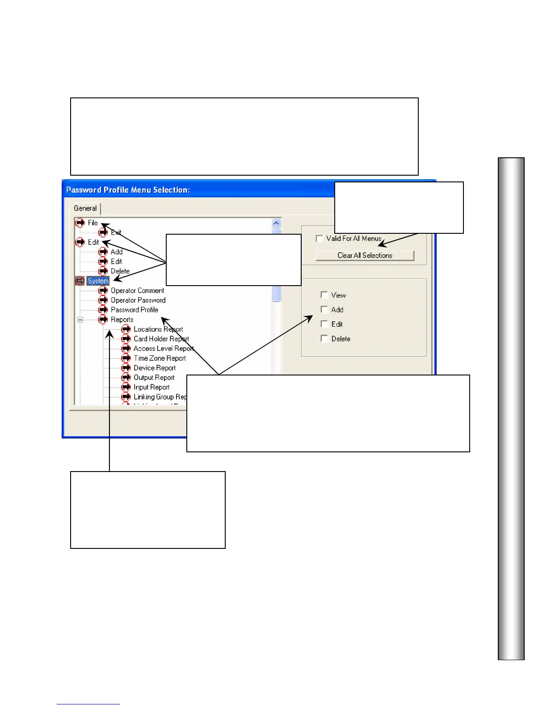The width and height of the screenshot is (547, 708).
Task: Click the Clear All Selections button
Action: click(x=365, y=255)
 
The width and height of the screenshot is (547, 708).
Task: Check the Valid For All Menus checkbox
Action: click(x=320, y=239)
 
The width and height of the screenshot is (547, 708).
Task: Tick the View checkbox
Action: click(x=324, y=295)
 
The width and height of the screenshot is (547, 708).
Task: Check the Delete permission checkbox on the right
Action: click(x=324, y=338)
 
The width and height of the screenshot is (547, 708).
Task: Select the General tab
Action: click(x=85, y=208)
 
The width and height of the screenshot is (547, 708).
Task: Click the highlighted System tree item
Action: click(x=98, y=281)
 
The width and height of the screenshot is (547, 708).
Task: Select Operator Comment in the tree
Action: click(x=137, y=291)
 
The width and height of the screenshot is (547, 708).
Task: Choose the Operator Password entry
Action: click(x=138, y=300)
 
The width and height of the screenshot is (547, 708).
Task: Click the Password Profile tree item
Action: click(x=134, y=310)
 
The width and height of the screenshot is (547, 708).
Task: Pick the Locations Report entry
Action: click(x=158, y=329)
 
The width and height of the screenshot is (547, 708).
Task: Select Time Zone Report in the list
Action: click(x=160, y=358)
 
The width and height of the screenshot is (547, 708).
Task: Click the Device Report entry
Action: click(x=155, y=368)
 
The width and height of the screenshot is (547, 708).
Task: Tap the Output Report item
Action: click(x=154, y=378)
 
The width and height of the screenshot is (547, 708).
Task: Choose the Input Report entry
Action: click(x=151, y=387)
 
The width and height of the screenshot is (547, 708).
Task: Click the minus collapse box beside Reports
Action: click(x=80, y=320)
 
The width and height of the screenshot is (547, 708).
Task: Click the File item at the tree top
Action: click(x=93, y=223)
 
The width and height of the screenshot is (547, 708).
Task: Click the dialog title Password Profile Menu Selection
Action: click(x=128, y=190)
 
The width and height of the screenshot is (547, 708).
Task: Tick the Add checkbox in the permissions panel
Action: click(x=324, y=309)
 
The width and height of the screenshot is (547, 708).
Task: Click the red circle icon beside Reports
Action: click(x=103, y=320)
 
